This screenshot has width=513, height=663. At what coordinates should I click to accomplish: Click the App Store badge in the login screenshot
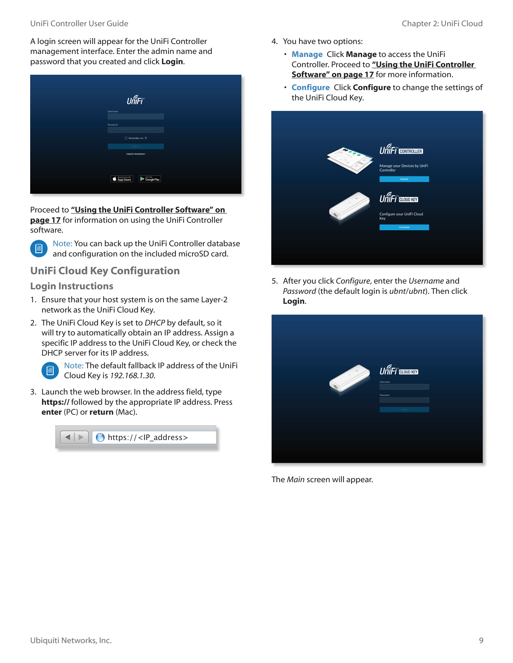[122, 179]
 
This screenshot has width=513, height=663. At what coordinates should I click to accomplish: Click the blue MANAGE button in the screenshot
[404, 179]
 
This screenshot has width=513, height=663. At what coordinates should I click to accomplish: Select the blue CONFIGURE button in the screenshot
[404, 227]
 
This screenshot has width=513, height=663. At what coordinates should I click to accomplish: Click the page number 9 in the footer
[481, 640]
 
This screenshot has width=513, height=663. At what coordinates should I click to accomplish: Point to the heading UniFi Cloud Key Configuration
[105, 271]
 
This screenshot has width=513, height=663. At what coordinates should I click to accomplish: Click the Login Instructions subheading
[72, 286]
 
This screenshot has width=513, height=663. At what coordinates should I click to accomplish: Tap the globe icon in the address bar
[100, 438]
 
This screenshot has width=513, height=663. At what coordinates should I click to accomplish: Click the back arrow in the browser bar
[68, 438]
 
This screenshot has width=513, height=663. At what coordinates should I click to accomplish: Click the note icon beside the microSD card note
[39, 249]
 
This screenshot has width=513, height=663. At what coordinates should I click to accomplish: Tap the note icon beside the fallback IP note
[50, 371]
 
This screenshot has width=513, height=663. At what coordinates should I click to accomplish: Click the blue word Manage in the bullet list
[307, 54]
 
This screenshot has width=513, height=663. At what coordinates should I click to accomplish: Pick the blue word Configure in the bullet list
[310, 87]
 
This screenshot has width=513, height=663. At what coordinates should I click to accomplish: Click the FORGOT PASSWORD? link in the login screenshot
[135, 154]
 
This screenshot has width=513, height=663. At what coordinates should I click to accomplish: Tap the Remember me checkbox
[126, 138]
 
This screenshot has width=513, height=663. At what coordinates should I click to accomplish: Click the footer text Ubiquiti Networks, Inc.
[71, 640]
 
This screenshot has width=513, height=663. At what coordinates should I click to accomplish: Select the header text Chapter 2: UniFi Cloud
[442, 24]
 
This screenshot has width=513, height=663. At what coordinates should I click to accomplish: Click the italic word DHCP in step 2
[155, 323]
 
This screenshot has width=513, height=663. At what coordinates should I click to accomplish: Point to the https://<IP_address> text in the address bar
[148, 438]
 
